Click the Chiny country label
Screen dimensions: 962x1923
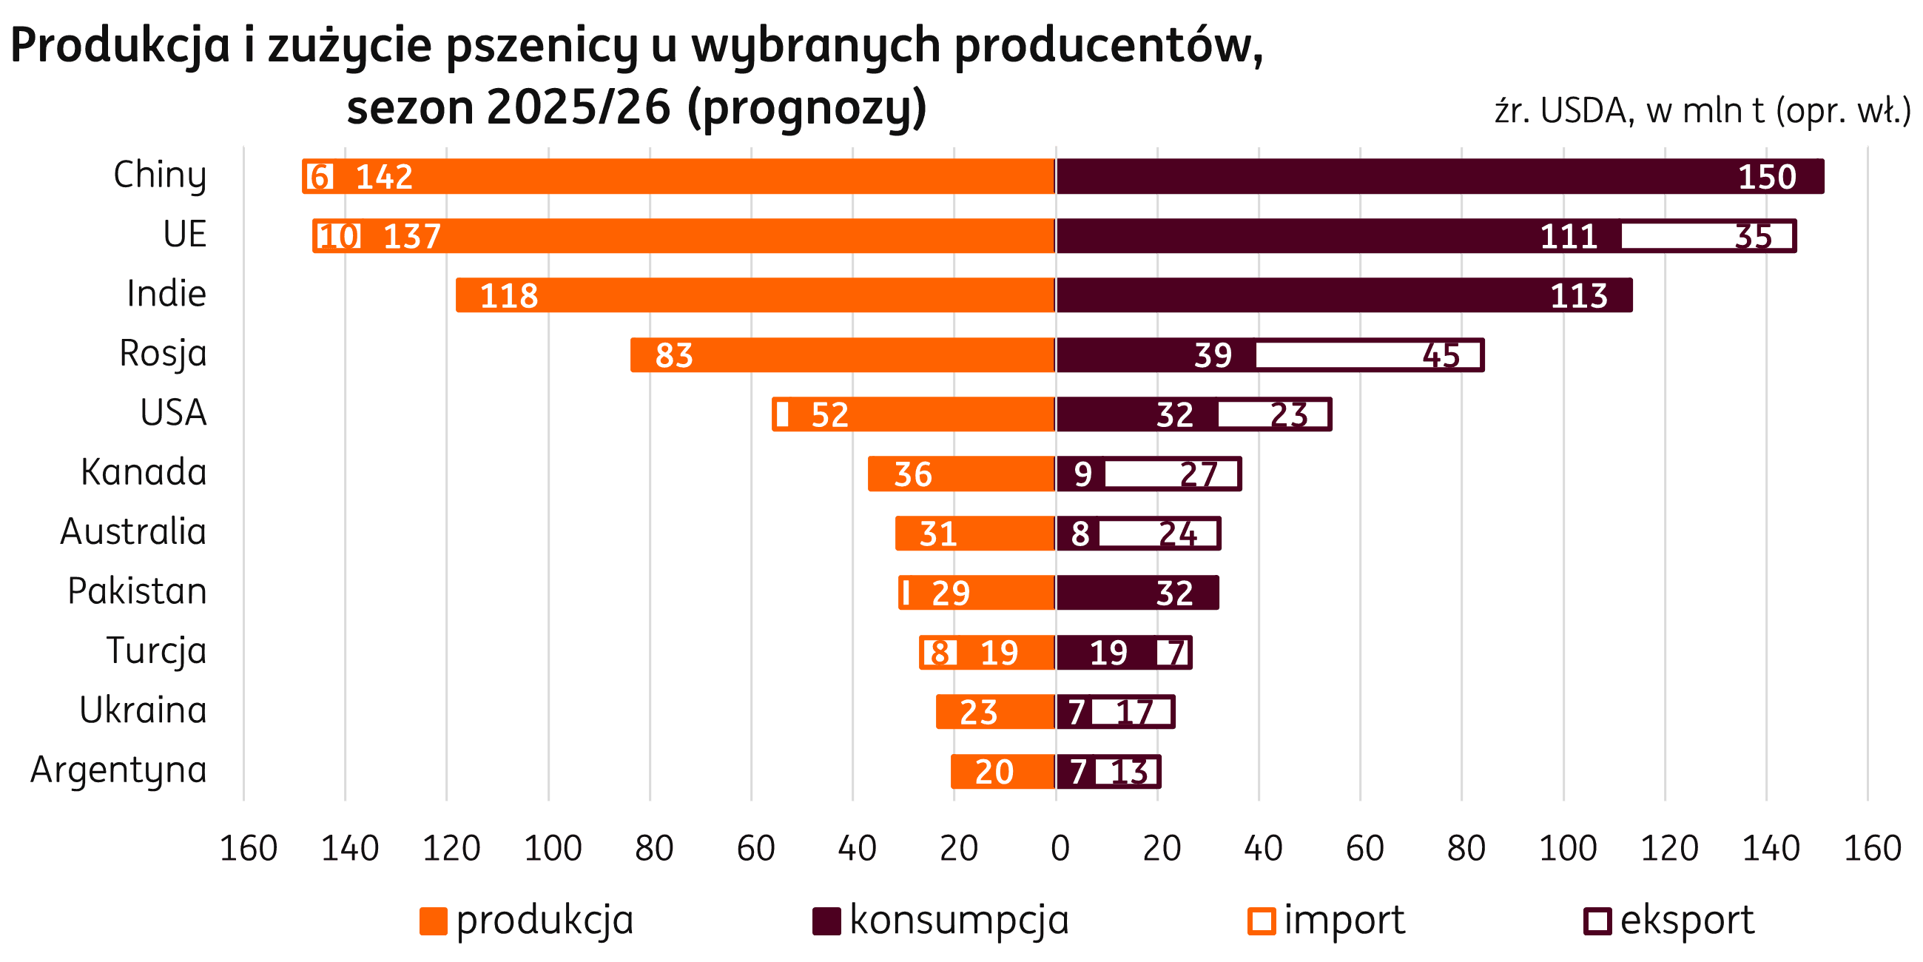click(x=159, y=176)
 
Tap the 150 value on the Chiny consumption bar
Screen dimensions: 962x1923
click(x=1766, y=177)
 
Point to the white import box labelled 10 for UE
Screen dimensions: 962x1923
click(x=339, y=236)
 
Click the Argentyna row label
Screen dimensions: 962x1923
click(x=118, y=771)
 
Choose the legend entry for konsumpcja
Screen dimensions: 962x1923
click(x=940, y=920)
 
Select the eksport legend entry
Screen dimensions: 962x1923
click(x=1669, y=920)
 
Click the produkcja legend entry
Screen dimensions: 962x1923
click(x=527, y=920)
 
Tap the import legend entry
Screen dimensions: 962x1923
click(x=1327, y=920)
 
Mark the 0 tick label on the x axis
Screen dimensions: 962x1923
click(x=1057, y=849)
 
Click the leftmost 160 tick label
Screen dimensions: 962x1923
click(x=244, y=849)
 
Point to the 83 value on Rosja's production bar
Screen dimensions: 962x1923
click(x=673, y=355)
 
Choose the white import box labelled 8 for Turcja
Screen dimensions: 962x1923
click(x=939, y=653)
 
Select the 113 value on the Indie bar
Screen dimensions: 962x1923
click(x=1578, y=296)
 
